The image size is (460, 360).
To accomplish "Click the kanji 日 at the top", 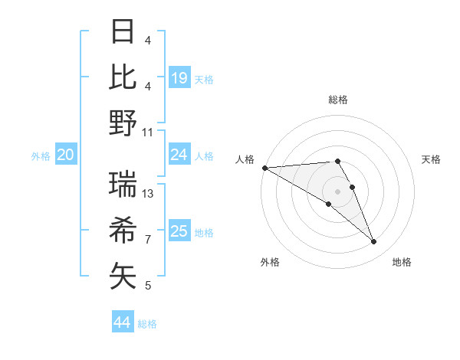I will [x=123, y=32].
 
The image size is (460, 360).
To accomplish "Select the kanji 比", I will [x=123, y=77].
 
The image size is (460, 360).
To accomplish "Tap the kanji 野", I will [x=123, y=123].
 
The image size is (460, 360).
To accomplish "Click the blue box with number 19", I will [x=179, y=78].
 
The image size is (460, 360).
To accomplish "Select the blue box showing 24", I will [x=179, y=155].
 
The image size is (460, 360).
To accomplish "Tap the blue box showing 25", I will [x=179, y=231].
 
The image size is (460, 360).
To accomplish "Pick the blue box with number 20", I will [x=65, y=155].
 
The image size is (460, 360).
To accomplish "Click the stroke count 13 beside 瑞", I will [x=149, y=194].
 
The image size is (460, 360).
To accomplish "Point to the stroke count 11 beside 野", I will [x=149, y=132].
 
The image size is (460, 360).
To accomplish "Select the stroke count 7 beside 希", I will [x=148, y=240].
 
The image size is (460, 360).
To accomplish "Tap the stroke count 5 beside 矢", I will [x=148, y=286].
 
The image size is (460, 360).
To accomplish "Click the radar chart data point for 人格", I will [x=264, y=168].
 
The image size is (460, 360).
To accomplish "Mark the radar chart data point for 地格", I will [x=374, y=242].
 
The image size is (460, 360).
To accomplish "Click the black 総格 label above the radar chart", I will [x=338, y=100].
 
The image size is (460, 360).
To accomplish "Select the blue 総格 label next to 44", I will [x=147, y=324].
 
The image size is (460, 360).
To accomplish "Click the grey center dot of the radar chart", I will [x=337, y=191].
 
